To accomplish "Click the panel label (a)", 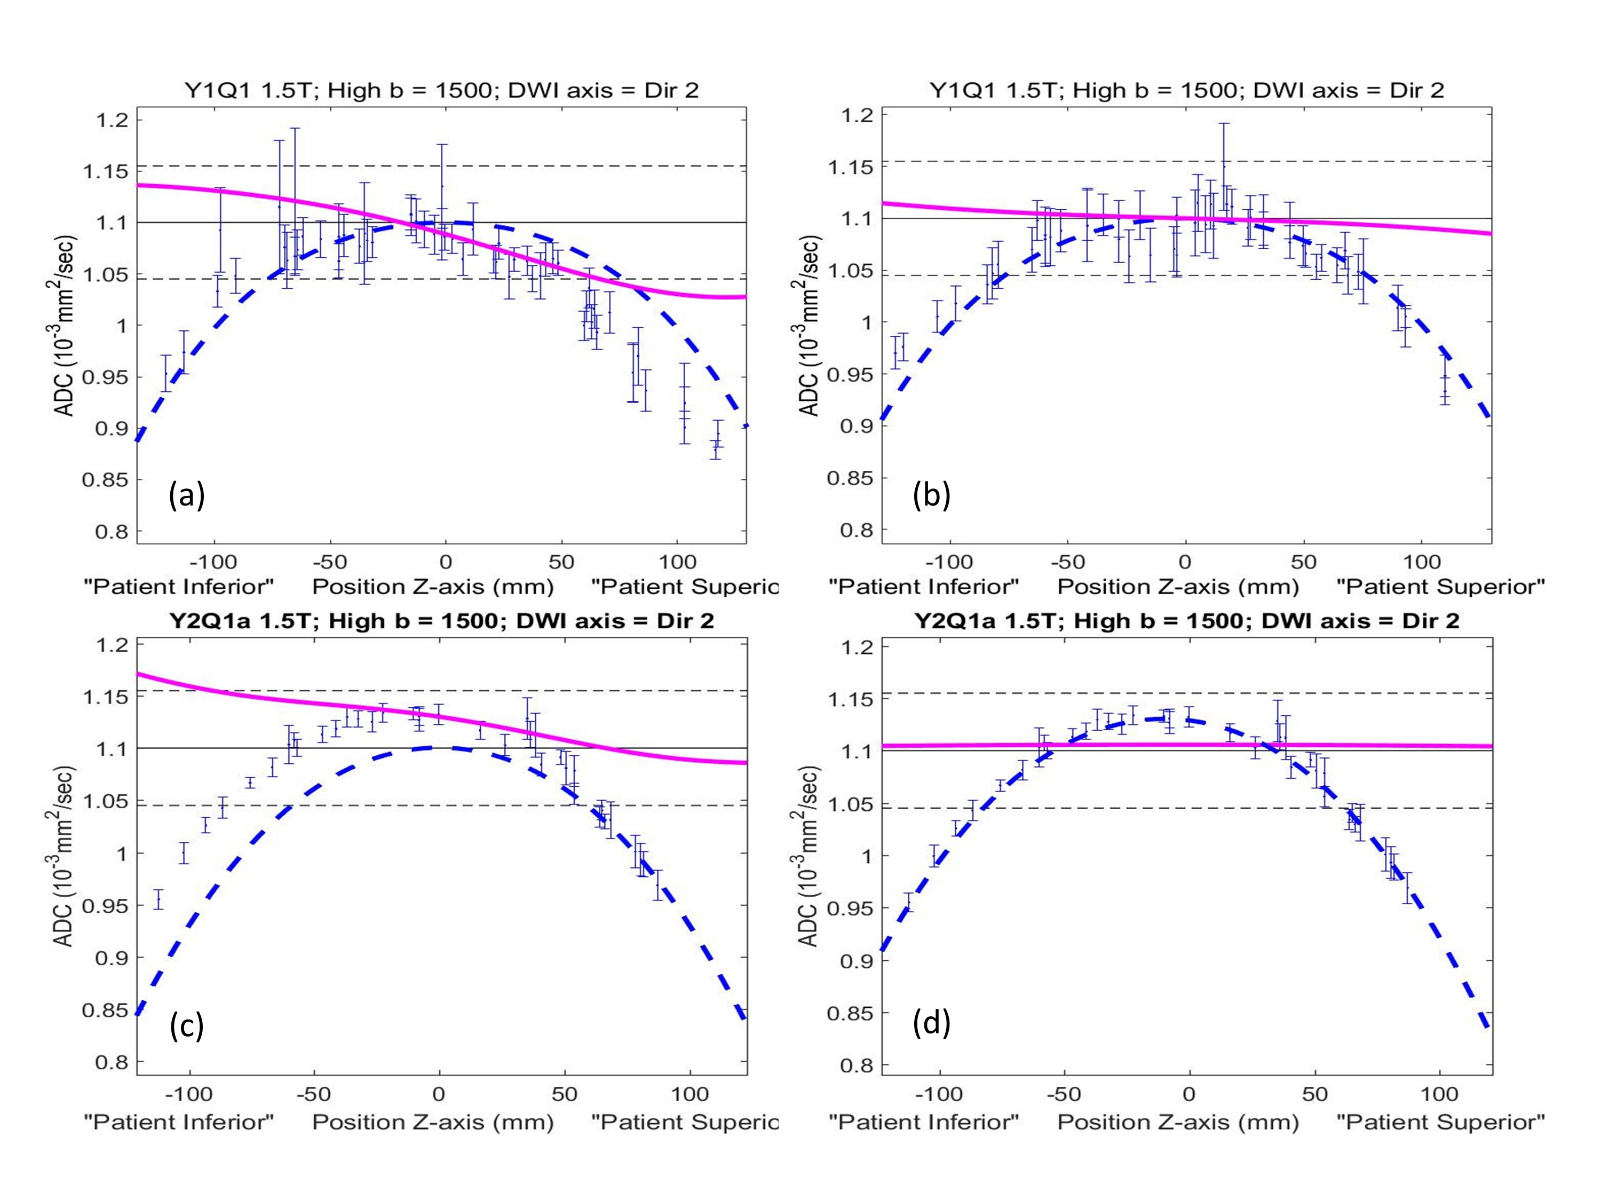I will coord(187,496).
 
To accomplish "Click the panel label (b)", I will coord(931,496).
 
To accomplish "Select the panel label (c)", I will coord(187,1026).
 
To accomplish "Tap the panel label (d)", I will coord(931,1024).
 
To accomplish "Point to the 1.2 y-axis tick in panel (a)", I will coord(112,120).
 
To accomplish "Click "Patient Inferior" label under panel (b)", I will coord(924,587).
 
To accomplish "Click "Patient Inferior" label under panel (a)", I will coord(179,587).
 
